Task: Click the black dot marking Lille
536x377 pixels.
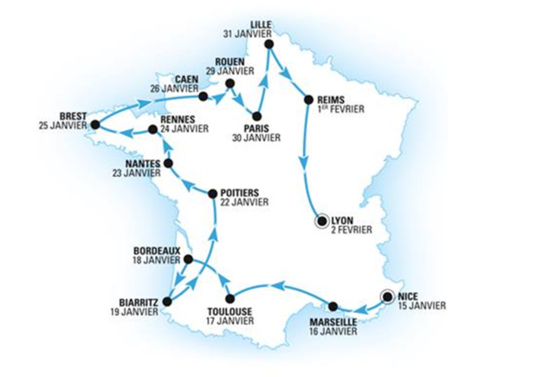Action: coord(268,43)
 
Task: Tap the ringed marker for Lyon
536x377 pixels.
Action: coord(322,221)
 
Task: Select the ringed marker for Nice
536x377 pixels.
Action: coord(387,296)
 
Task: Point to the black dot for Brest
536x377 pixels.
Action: coord(94,125)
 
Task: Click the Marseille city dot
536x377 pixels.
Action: coord(332,306)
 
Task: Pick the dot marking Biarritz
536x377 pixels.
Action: coord(167,302)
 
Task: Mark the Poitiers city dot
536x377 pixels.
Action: coord(213,192)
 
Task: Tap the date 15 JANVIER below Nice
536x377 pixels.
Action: coord(423,306)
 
